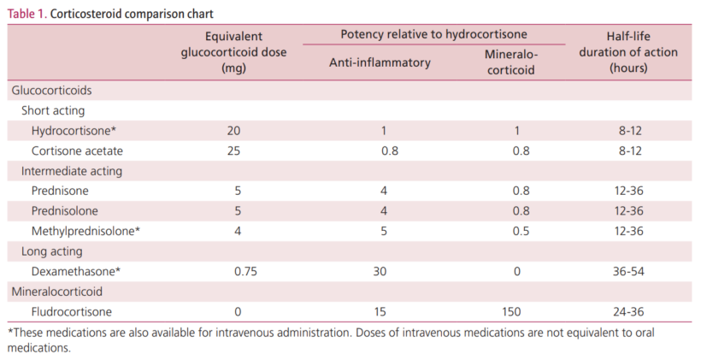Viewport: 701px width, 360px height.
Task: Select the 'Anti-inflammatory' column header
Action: [x=380, y=62]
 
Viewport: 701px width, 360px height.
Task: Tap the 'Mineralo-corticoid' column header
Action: [x=511, y=62]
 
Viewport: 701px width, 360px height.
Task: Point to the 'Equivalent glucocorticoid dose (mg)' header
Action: [x=233, y=51]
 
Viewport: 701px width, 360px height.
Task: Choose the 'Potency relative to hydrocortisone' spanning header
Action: [x=433, y=34]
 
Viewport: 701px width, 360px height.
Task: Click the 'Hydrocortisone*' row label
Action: [x=74, y=130]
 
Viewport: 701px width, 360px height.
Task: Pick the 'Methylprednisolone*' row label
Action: [x=85, y=231]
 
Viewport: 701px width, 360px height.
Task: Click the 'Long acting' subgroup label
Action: [x=51, y=251]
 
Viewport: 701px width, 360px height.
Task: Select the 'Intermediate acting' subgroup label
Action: [x=72, y=170]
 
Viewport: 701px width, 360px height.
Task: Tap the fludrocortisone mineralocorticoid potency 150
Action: [x=511, y=312]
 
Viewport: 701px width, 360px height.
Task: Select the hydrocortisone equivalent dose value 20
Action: [x=233, y=130]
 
